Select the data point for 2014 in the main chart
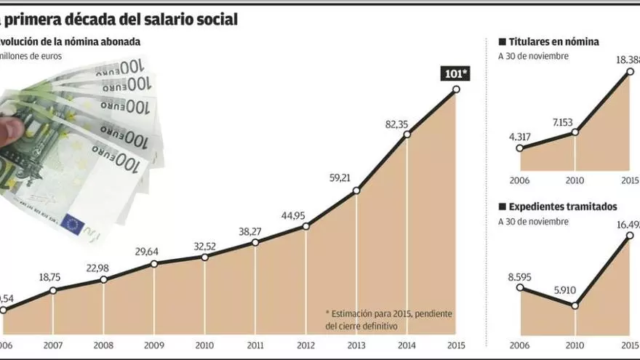407,134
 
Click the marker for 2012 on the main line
305,227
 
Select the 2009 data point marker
154,263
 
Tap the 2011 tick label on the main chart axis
255,345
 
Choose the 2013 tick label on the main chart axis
356,345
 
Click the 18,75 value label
50,278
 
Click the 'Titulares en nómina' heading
553,41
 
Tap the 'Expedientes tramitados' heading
563,207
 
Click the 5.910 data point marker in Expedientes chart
575,305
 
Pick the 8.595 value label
521,276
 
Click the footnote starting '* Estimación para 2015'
389,319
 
